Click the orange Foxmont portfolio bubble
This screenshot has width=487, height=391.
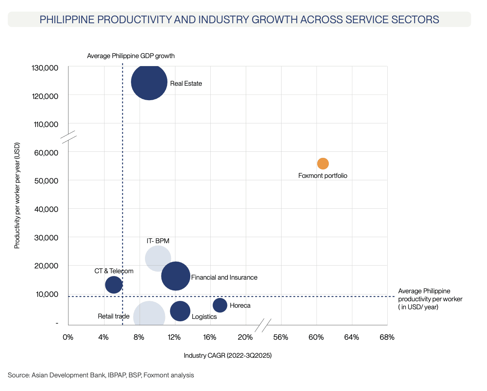pyautogui.click(x=323, y=163)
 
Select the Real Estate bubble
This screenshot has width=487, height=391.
pyautogui.click(x=149, y=82)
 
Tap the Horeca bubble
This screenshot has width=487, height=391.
pyautogui.click(x=220, y=305)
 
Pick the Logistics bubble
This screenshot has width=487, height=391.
pyautogui.click(x=180, y=311)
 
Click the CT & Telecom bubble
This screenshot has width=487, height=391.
pyautogui.click(x=114, y=285)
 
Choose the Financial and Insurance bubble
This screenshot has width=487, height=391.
pyautogui.click(x=175, y=276)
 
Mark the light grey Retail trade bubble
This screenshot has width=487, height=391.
pyautogui.click(x=149, y=316)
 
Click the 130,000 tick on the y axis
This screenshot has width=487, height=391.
pyautogui.click(x=44, y=68)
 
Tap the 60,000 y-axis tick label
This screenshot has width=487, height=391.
pyautogui.click(x=46, y=153)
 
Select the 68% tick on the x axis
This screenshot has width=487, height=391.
pyautogui.click(x=387, y=337)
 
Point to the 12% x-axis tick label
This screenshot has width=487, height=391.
pyautogui.click(x=174, y=337)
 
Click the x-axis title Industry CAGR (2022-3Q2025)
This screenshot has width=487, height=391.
pyautogui.click(x=227, y=356)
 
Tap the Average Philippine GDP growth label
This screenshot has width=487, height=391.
pyautogui.click(x=131, y=56)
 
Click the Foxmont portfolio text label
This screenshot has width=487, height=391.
pyautogui.click(x=323, y=175)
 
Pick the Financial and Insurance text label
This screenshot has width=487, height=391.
pyautogui.click(x=224, y=277)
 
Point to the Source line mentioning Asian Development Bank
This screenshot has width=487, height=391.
pyautogui.click(x=101, y=375)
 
